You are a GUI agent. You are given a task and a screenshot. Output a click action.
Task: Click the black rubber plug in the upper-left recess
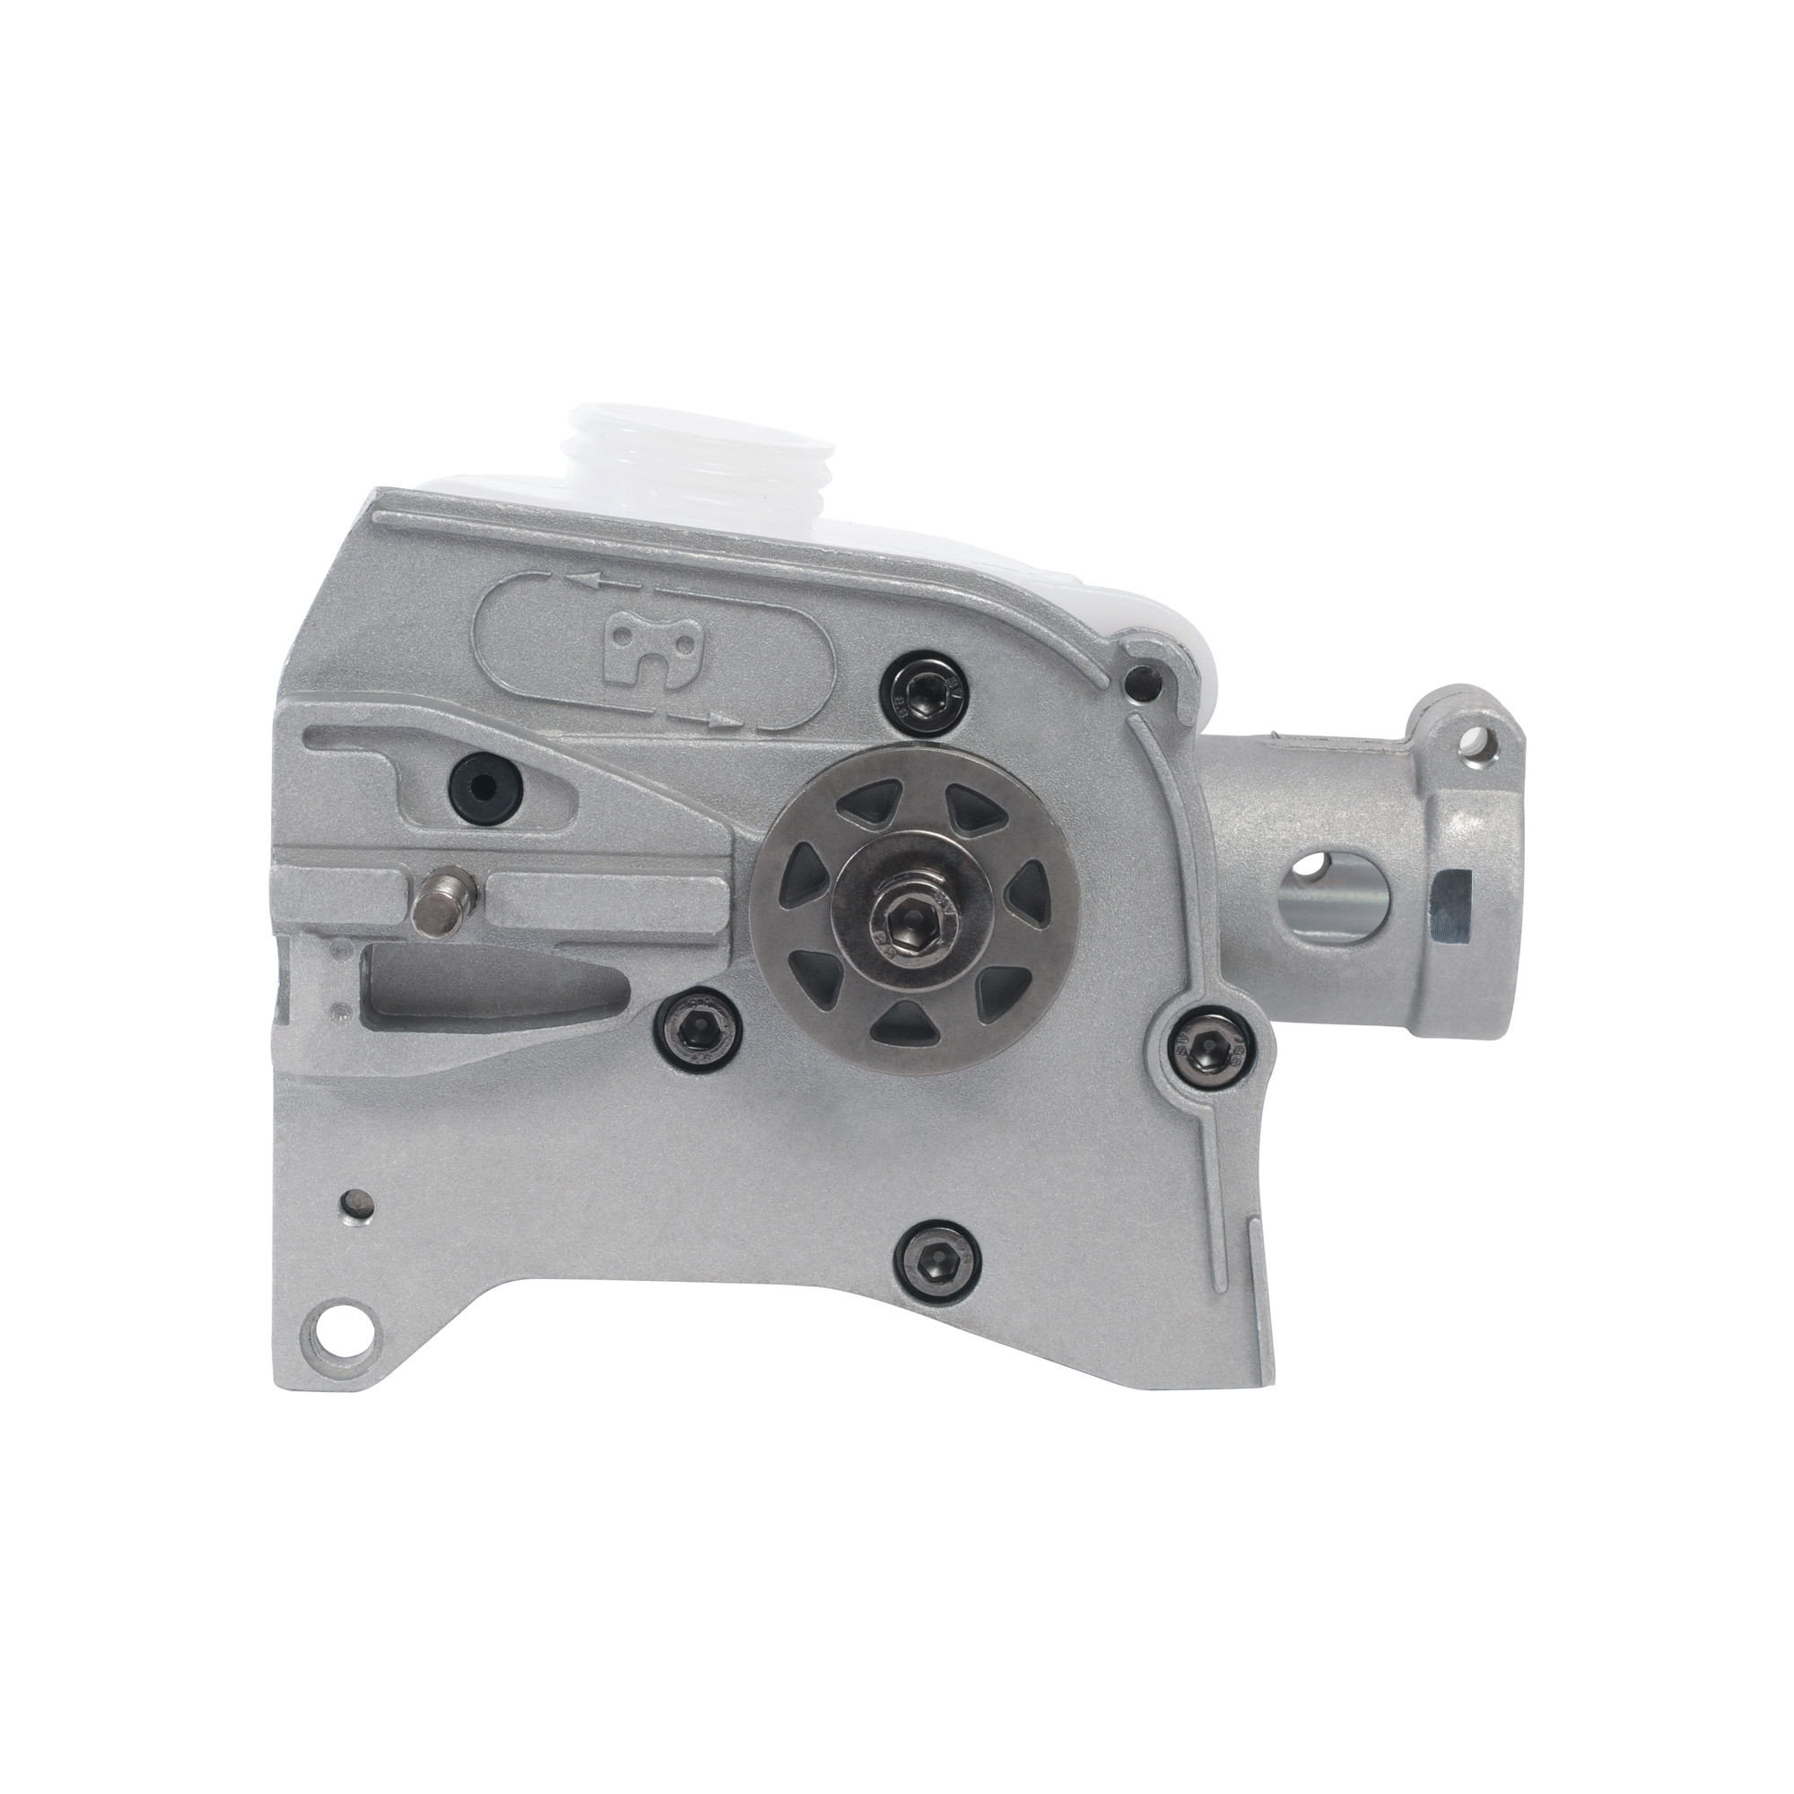[484, 764]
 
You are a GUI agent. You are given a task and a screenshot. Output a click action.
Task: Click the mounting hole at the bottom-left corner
[344, 1343]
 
